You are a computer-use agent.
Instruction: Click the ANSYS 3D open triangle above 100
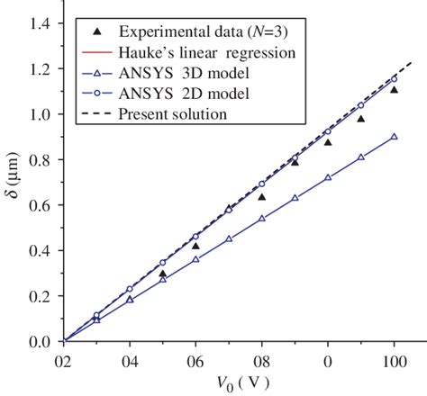point(394,136)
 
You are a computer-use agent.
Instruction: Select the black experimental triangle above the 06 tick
point(195,246)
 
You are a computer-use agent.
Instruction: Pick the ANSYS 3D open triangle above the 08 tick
point(262,218)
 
